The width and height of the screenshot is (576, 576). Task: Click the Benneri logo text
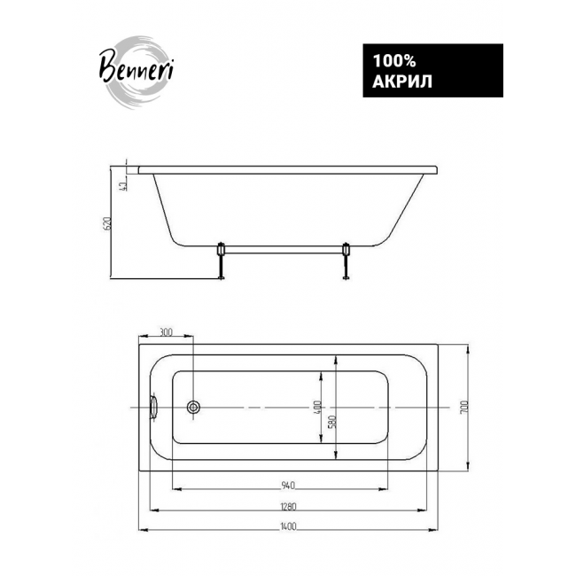(x=136, y=69)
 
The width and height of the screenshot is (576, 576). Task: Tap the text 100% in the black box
(x=394, y=61)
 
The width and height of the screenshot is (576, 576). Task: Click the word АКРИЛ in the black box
(x=402, y=82)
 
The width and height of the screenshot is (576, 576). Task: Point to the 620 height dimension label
(x=108, y=223)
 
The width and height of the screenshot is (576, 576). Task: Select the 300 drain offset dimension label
(x=166, y=333)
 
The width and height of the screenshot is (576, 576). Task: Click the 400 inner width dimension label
(x=318, y=408)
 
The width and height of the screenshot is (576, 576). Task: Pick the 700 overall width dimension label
(x=464, y=407)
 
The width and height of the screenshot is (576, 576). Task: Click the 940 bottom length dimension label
(x=288, y=486)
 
